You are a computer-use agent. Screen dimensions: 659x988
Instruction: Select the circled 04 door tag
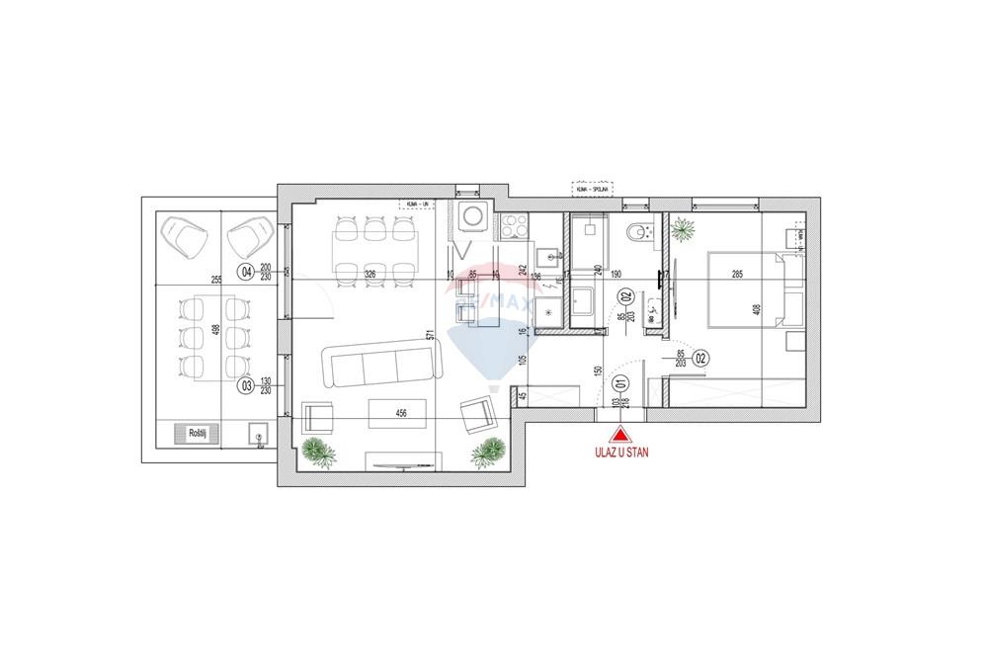click(x=244, y=272)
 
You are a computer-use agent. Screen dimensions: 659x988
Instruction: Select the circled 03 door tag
click(x=244, y=386)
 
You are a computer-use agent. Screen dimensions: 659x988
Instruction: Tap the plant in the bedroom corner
click(x=682, y=230)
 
